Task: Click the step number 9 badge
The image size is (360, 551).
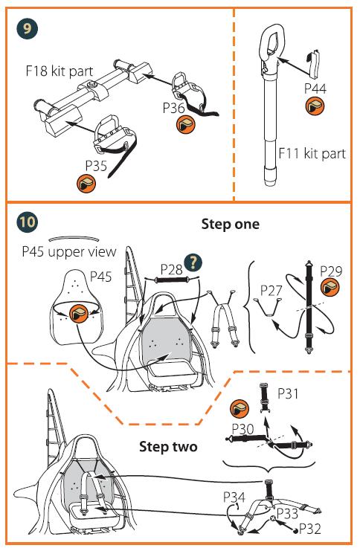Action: tap(27, 28)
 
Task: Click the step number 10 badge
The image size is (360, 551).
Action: tap(27, 222)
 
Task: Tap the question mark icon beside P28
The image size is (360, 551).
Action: tap(193, 262)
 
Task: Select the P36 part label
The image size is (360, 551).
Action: tap(173, 108)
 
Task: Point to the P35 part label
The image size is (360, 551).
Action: tap(96, 166)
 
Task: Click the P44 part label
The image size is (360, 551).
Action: tap(315, 88)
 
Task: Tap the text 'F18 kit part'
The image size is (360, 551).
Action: tap(60, 71)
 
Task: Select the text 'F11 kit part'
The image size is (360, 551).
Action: tap(312, 154)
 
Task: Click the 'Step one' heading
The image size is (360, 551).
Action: tap(231, 225)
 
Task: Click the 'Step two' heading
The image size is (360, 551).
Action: tap(168, 447)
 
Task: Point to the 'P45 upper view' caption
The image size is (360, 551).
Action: tap(69, 252)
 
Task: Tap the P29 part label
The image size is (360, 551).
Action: tap(331, 271)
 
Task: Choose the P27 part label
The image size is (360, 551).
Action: tap(271, 291)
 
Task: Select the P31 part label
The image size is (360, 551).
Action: tap(288, 393)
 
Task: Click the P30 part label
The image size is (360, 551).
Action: tap(243, 429)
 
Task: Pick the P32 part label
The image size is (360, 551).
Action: tap(309, 529)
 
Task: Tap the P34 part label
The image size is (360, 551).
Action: tap(234, 497)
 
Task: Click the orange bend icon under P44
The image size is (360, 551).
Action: tap(315, 106)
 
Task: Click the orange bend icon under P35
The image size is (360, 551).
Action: tap(86, 183)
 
